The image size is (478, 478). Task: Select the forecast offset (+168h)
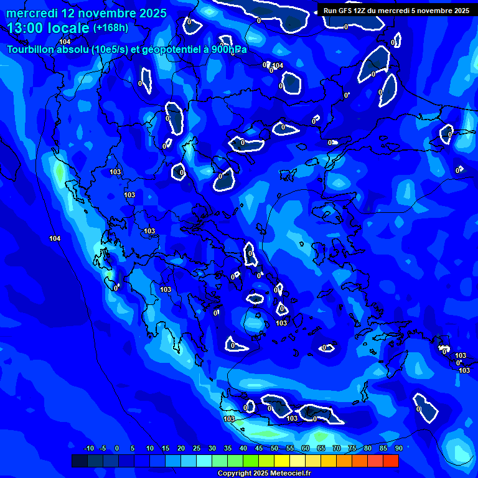click(x=110, y=28)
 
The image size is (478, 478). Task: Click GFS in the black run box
click(x=348, y=11)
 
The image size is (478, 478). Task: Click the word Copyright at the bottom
click(x=235, y=473)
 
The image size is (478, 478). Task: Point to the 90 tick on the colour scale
click(x=398, y=448)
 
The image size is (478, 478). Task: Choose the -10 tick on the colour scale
click(x=88, y=448)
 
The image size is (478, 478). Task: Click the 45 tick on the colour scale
click(x=259, y=448)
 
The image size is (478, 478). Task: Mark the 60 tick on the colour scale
click(x=305, y=448)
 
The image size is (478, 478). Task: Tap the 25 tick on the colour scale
click(x=197, y=448)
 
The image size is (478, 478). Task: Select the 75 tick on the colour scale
click(x=352, y=448)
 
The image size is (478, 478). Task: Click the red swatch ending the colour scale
click(x=390, y=461)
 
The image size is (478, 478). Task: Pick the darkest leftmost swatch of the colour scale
click(x=80, y=461)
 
